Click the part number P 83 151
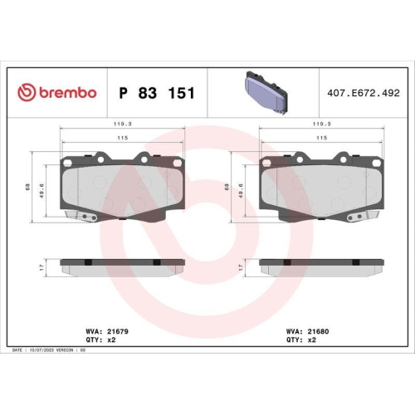157,93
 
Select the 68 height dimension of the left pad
29,188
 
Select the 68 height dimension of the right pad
228,188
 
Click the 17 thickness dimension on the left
41,266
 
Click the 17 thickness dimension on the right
241,266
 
